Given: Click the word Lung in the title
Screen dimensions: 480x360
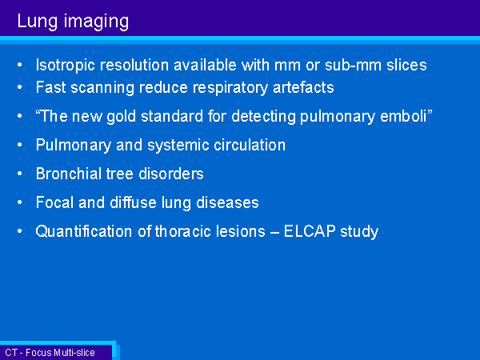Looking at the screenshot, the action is click(x=38, y=22).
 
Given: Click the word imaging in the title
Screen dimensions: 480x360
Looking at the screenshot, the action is click(x=96, y=22).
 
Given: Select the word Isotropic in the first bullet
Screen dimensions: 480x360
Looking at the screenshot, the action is click(x=66, y=66).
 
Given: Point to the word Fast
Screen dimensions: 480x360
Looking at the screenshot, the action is click(x=51, y=87).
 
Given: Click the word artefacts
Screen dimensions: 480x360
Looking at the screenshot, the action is click(x=303, y=87).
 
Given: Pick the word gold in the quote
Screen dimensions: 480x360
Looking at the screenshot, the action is click(x=121, y=117).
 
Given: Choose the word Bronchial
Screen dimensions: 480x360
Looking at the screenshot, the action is click(x=68, y=174).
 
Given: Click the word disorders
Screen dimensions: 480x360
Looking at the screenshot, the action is click(x=171, y=174).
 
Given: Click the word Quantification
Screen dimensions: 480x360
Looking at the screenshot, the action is click(x=83, y=231).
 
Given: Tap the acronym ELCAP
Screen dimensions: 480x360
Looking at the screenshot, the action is click(x=310, y=231).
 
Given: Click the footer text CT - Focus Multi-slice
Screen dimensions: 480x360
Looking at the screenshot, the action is click(x=50, y=353).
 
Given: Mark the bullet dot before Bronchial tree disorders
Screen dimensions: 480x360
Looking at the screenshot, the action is click(x=20, y=174).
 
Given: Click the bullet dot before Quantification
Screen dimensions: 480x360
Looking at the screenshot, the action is click(x=20, y=231).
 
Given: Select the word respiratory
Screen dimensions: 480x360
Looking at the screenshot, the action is click(x=230, y=88).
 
